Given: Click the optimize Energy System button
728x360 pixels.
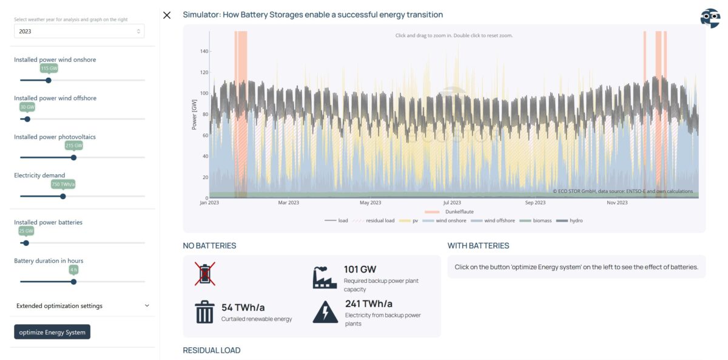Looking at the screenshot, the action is (52, 332).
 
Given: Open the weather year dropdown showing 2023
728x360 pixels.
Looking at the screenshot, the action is (79, 31).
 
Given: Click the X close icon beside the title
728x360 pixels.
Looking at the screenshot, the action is (167, 15).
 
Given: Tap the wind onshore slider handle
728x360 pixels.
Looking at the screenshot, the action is (49, 80).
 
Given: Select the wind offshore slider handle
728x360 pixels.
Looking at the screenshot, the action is (28, 119).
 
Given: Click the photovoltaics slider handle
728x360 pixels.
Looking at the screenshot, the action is (74, 158).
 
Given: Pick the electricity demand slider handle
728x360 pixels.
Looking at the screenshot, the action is (63, 197).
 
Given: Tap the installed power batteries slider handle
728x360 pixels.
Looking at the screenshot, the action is (26, 243).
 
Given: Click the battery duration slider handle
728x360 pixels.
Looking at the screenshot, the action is (74, 282).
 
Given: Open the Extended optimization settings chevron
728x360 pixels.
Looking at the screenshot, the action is (147, 306).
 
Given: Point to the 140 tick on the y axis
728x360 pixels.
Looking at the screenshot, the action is (204, 51).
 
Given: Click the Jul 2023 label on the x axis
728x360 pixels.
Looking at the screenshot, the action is (452, 203).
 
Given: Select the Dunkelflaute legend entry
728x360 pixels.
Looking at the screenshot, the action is (449, 212).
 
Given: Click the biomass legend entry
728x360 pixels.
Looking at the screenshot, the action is (536, 220).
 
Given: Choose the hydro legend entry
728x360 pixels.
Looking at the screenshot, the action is (570, 220).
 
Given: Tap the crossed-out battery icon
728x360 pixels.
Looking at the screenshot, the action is (205, 274).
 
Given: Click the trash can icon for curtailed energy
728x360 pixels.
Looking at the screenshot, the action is (205, 312).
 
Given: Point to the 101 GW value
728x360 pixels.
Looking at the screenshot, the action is (360, 270).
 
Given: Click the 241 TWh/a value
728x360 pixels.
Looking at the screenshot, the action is (369, 304).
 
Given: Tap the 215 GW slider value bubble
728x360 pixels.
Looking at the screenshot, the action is (74, 145).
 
